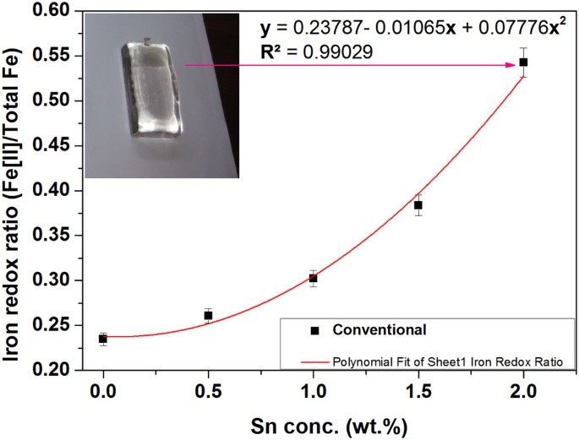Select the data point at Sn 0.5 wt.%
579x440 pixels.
point(208,316)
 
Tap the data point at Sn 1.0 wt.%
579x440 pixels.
point(314,278)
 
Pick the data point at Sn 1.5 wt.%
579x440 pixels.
point(418,205)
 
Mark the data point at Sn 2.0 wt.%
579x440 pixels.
point(523,62)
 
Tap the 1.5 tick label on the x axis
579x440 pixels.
point(418,392)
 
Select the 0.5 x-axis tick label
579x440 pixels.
point(208,392)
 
